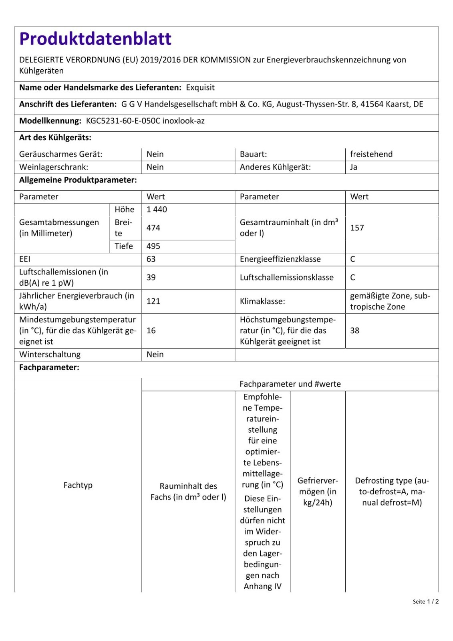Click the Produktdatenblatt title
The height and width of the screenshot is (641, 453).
click(95, 39)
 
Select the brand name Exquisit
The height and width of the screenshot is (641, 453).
click(200, 88)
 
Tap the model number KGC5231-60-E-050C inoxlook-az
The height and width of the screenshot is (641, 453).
click(145, 121)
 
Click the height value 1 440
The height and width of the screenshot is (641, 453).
click(157, 210)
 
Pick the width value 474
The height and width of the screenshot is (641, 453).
click(153, 228)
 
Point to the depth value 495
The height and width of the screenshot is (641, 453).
click(153, 246)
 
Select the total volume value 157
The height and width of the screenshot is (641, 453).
click(357, 228)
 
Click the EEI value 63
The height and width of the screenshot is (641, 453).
click(151, 259)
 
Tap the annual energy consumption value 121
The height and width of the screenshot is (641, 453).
click(153, 301)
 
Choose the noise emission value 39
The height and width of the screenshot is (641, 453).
click(151, 278)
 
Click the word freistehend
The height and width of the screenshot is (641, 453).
click(371, 154)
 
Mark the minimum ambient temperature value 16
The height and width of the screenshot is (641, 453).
click(151, 331)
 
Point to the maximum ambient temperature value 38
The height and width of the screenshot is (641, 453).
click(355, 331)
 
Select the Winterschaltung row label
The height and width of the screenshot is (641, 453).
click(50, 355)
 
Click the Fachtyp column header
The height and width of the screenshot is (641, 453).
click(78, 485)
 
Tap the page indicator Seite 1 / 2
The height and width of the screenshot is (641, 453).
click(426, 601)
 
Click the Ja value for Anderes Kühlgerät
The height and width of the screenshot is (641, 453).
click(354, 167)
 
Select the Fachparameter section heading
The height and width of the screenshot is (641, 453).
click(49, 367)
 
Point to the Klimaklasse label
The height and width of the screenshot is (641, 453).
click(262, 301)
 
